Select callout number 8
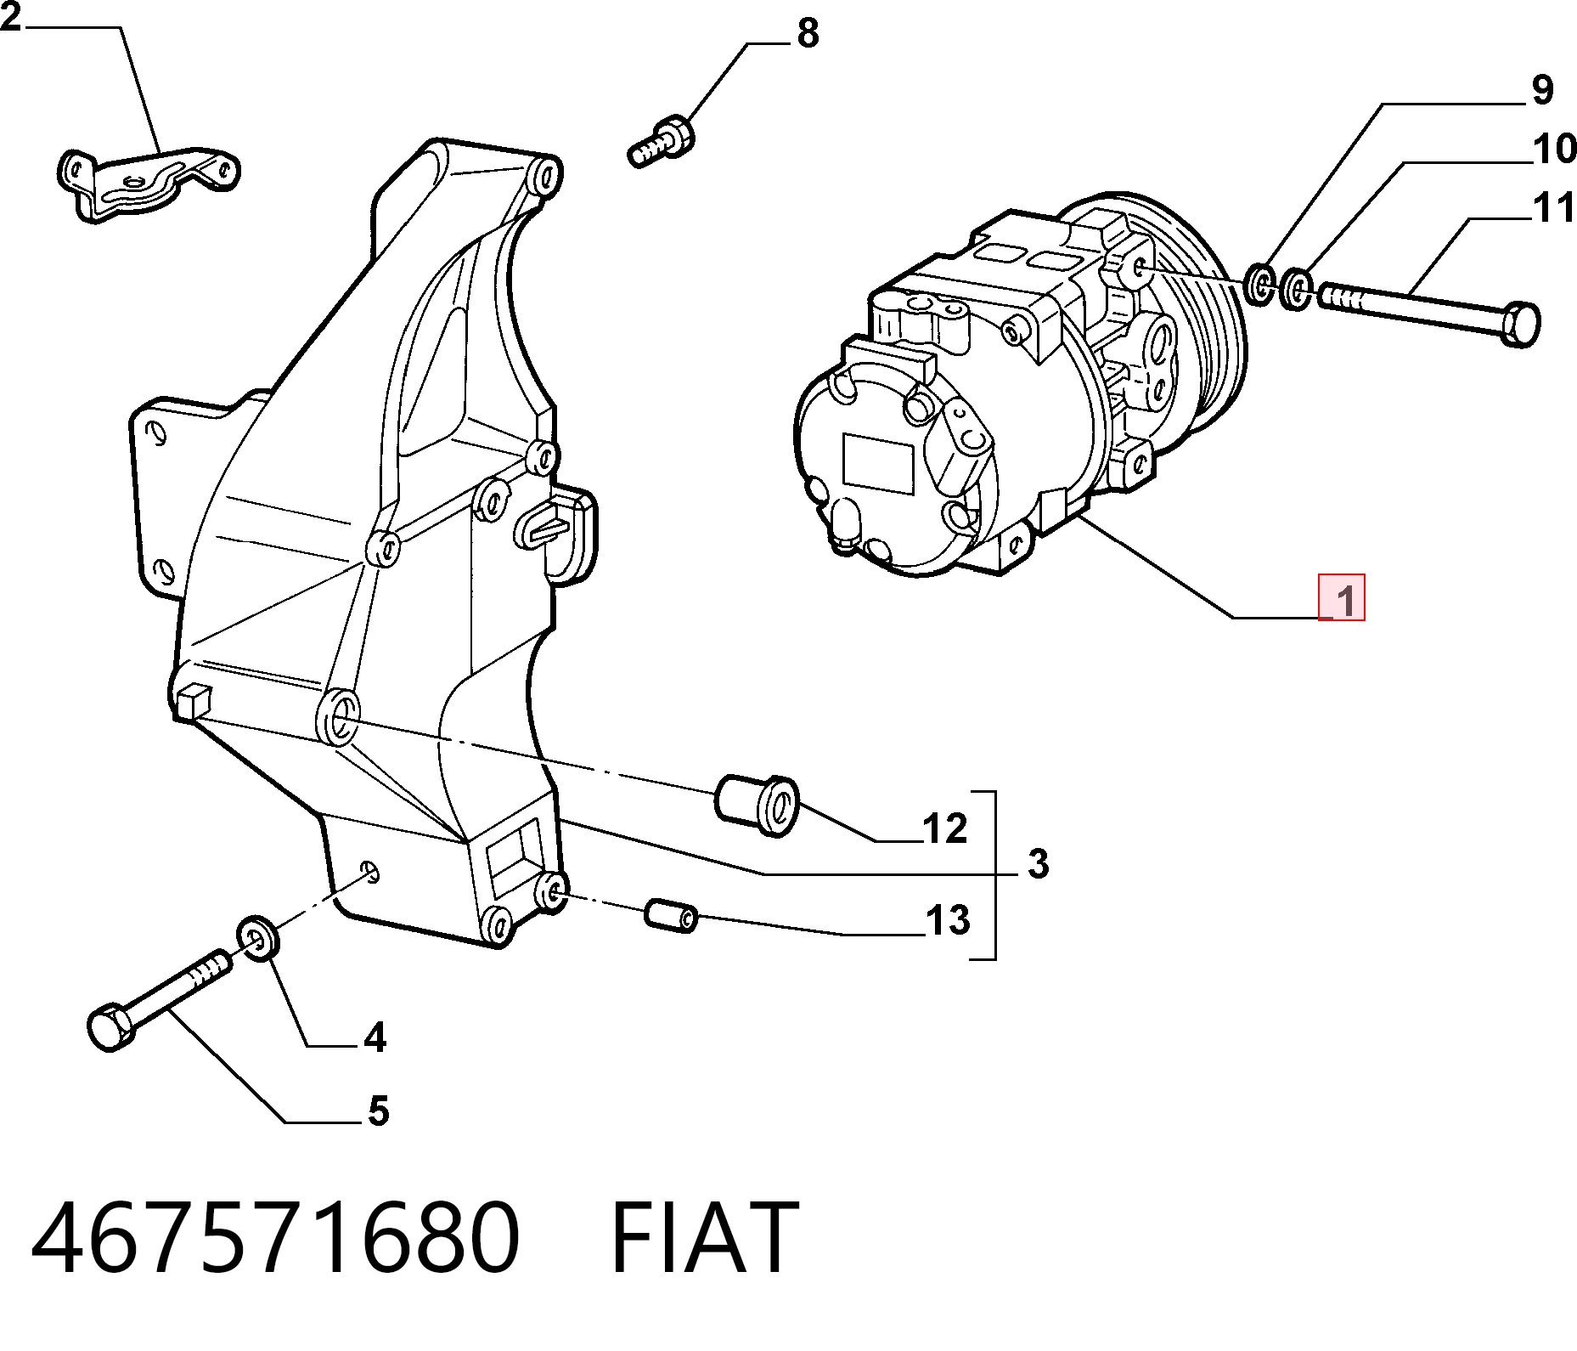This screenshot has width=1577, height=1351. pos(808,32)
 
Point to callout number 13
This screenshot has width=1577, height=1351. pos(948,920)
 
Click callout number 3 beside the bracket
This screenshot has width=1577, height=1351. pos(1038,863)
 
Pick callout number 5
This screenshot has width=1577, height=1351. pos(378,1111)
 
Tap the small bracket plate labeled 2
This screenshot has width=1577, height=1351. pos(148,184)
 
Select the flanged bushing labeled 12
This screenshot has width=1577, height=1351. pos(758,805)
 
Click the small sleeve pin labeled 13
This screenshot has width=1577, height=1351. pos(671,914)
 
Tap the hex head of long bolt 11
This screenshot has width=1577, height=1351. pos(1519,324)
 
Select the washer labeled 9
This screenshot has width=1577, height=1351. pos(1260,284)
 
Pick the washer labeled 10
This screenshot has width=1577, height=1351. pos(1296,289)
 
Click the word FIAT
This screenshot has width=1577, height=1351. pos(704,1238)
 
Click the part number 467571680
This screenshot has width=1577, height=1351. pos(274,1238)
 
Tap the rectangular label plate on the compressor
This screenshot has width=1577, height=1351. pos(878,463)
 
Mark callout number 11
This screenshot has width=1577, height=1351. pos(1554,208)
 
